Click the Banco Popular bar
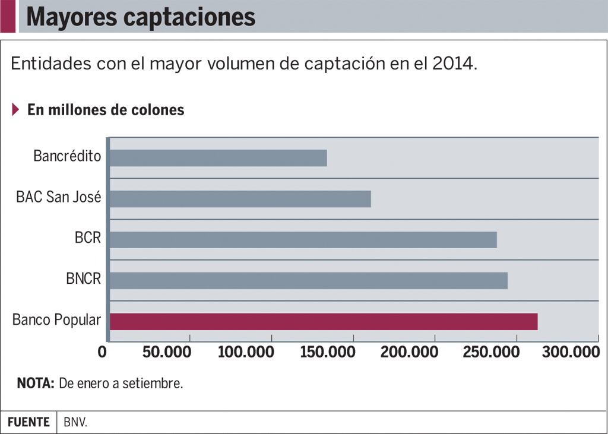click(324, 321)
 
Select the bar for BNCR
click(309, 280)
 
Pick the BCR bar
click(303, 239)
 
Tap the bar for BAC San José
click(240, 199)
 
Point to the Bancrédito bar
click(218, 158)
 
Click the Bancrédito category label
click(67, 157)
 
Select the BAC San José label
click(58, 197)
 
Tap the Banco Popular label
click(56, 320)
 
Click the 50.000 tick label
click(167, 352)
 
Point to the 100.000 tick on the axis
click(246, 352)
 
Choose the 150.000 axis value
click(328, 352)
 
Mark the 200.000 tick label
click(409, 352)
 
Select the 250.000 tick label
click(491, 352)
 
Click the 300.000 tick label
click(572, 352)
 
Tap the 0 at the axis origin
click(102, 352)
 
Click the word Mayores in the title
click(71, 17)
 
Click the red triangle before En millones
click(16, 110)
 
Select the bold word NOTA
click(36, 384)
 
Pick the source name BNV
click(75, 423)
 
